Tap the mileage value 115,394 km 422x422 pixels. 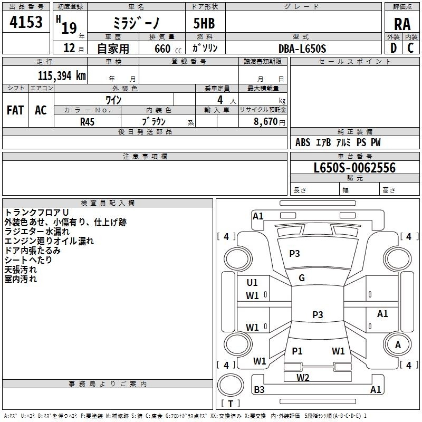pos(62,75)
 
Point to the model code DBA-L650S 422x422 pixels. pos(303,49)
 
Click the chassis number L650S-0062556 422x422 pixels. pos(354,168)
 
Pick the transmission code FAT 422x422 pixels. pos(15,110)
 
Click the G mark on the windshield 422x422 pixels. pos(302,278)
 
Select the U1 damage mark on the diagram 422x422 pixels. pos(252,283)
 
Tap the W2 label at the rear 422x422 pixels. pos(303,377)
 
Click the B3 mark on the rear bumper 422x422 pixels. pos(259,390)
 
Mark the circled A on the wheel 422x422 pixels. pos(398,344)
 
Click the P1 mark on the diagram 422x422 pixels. pos(297,351)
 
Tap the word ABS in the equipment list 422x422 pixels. pos(303,142)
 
